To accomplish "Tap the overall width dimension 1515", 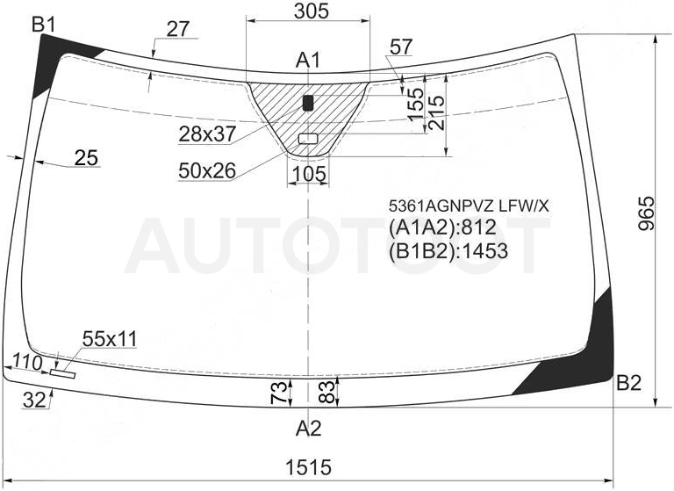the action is tap(309, 467).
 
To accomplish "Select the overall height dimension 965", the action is tap(646, 213).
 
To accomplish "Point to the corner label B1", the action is tap(44, 25).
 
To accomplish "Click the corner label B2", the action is tap(628, 383).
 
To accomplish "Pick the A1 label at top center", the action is tap(308, 61).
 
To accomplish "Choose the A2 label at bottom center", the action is tap(309, 429).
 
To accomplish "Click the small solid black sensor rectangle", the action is tap(308, 104).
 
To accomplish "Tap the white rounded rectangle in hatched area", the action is tap(308, 139).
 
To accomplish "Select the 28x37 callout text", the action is tap(207, 134).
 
